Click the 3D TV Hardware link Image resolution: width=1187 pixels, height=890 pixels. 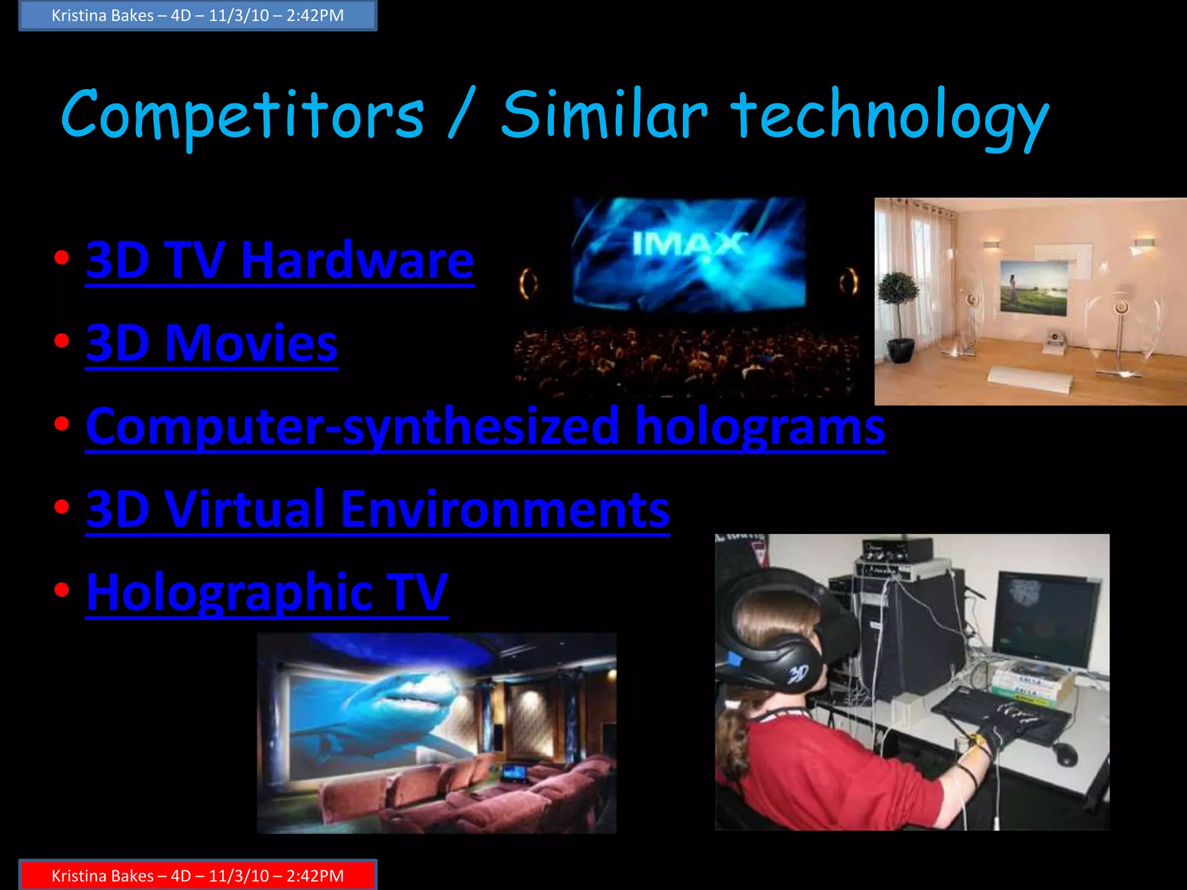tap(280, 260)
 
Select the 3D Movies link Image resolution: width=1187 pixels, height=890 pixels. tap(212, 343)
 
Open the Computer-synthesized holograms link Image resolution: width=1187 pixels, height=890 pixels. tap(485, 426)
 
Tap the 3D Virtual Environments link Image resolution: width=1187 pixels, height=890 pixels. tap(377, 509)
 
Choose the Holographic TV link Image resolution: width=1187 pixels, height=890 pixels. tap(267, 592)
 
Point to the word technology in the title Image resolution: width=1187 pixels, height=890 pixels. tap(889, 115)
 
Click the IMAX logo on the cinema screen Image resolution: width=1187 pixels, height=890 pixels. tap(688, 243)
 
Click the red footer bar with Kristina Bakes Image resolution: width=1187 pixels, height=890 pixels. tap(198, 875)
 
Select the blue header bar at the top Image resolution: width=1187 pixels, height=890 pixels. tap(198, 15)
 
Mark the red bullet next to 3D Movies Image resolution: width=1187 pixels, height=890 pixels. tap(61, 341)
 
